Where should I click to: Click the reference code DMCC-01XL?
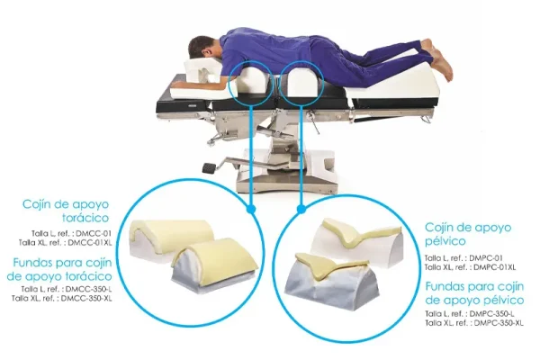click(x=90, y=242)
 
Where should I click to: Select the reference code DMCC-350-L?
click(x=88, y=289)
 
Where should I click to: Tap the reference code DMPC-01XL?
click(x=494, y=267)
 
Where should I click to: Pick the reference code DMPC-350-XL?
click(x=499, y=323)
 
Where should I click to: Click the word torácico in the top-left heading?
click(x=85, y=218)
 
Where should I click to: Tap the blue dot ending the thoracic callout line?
click(x=251, y=209)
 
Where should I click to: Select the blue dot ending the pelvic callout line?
click(x=301, y=209)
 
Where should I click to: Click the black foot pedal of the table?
click(x=209, y=168)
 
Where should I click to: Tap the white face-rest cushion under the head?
click(x=199, y=72)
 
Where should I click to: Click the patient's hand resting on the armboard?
click(x=178, y=84)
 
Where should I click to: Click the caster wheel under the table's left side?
click(x=211, y=140)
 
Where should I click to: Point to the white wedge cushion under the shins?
click(x=392, y=83)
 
